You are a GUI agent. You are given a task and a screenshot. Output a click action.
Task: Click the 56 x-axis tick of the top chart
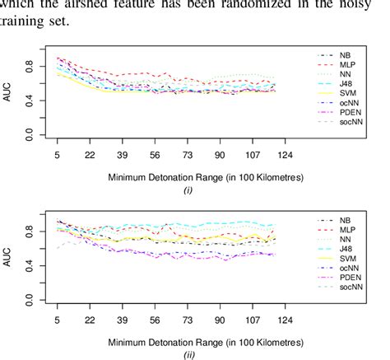point(154,154)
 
